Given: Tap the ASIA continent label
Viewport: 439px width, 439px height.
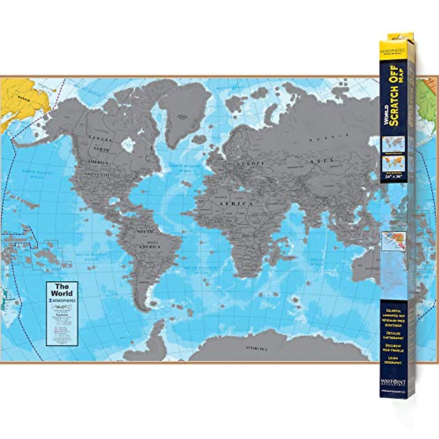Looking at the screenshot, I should (x=322, y=161).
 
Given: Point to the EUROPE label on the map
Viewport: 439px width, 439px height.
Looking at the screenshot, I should (x=250, y=164).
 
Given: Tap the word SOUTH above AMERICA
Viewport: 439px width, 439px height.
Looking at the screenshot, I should (x=145, y=232).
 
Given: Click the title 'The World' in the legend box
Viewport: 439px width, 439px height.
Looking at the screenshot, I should (x=62, y=290).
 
